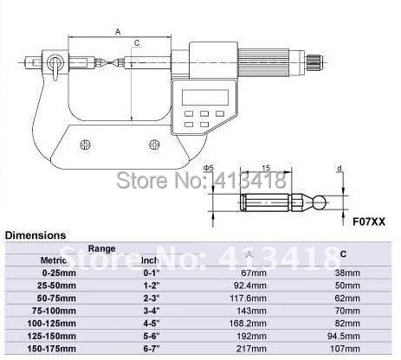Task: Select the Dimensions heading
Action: click(x=36, y=235)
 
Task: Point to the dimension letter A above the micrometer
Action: click(x=118, y=32)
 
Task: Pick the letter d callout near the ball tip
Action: click(x=340, y=168)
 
